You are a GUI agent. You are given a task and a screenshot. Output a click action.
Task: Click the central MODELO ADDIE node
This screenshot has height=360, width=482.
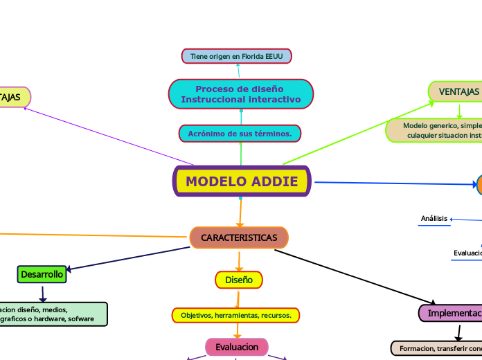242,181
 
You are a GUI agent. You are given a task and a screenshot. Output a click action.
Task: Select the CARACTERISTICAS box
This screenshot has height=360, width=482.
239,237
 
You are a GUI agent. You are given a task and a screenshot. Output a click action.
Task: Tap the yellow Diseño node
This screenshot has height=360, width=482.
239,280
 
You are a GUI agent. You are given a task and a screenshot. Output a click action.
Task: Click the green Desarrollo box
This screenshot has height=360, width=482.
42,275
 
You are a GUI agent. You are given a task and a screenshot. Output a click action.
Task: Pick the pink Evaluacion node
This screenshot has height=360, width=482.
236,346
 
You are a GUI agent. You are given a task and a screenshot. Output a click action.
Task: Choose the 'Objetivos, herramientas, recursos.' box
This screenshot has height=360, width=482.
235,315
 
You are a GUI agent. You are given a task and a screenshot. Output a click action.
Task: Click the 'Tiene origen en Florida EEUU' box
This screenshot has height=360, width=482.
237,55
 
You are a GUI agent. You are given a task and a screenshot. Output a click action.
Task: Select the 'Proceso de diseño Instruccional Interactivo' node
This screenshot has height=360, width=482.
241,94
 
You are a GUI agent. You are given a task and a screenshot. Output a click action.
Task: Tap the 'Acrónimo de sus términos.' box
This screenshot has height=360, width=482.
240,133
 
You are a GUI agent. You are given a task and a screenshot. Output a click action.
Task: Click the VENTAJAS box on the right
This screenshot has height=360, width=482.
457,91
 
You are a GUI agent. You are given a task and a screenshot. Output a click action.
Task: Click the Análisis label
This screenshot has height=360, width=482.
434,219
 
